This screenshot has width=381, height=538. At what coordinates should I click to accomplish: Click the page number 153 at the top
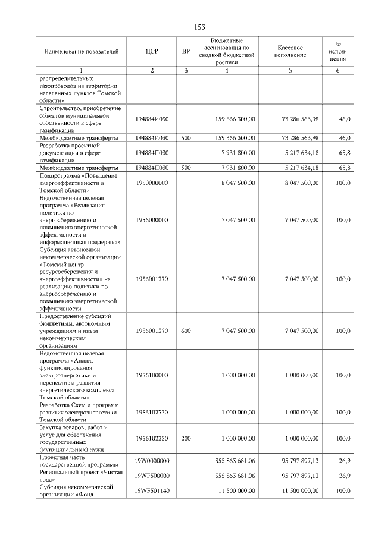[199, 27]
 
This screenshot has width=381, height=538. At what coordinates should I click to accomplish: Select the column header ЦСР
[152, 51]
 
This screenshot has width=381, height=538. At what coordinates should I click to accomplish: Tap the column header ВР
[186, 51]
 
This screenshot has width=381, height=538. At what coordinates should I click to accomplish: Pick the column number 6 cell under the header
[338, 71]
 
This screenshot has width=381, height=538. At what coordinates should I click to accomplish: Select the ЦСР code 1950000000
[152, 184]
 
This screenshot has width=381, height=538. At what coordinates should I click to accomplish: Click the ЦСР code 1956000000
[152, 220]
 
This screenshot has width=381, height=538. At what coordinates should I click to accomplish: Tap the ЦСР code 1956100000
[152, 375]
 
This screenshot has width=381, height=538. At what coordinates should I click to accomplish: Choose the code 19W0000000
[152, 461]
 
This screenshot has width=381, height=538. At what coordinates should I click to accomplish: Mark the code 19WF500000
[152, 476]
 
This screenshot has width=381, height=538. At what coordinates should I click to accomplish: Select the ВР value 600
[186, 331]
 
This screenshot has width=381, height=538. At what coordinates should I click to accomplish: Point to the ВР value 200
[186, 438]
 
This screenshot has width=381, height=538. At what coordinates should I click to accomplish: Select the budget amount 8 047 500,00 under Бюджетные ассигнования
[238, 184]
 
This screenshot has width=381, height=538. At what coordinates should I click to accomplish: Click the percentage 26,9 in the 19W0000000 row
[343, 461]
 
